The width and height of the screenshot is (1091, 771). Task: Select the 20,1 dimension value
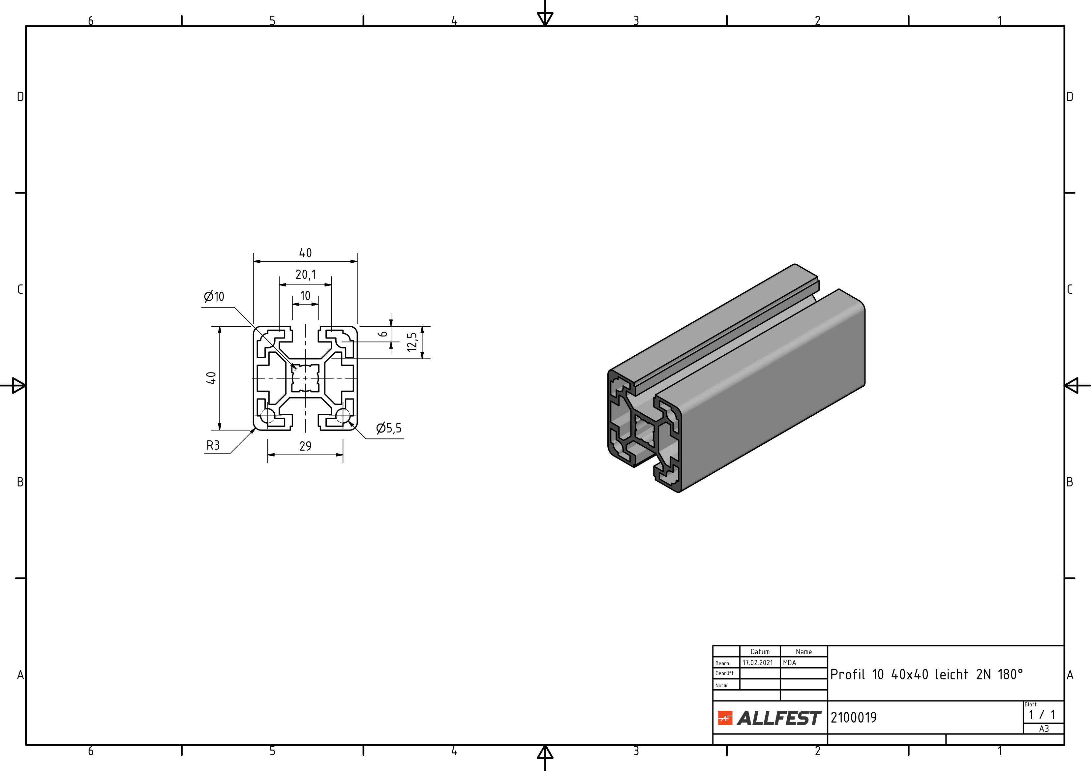(x=306, y=275)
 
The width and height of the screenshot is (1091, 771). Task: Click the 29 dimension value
(x=306, y=446)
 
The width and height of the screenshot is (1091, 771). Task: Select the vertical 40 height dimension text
(x=211, y=378)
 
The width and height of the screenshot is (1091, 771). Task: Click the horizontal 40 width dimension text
(x=306, y=253)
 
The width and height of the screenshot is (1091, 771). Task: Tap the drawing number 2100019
(x=853, y=717)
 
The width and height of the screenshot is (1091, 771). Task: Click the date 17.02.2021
(x=758, y=663)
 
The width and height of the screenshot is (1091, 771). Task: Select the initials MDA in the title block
(x=789, y=663)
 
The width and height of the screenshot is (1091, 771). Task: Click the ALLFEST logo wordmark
(x=779, y=718)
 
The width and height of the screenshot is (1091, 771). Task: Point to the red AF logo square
(x=725, y=718)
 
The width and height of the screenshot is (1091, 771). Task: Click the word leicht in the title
(x=951, y=674)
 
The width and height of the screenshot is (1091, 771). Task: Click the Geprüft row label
(x=724, y=673)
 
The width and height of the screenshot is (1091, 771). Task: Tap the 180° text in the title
(x=1010, y=674)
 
